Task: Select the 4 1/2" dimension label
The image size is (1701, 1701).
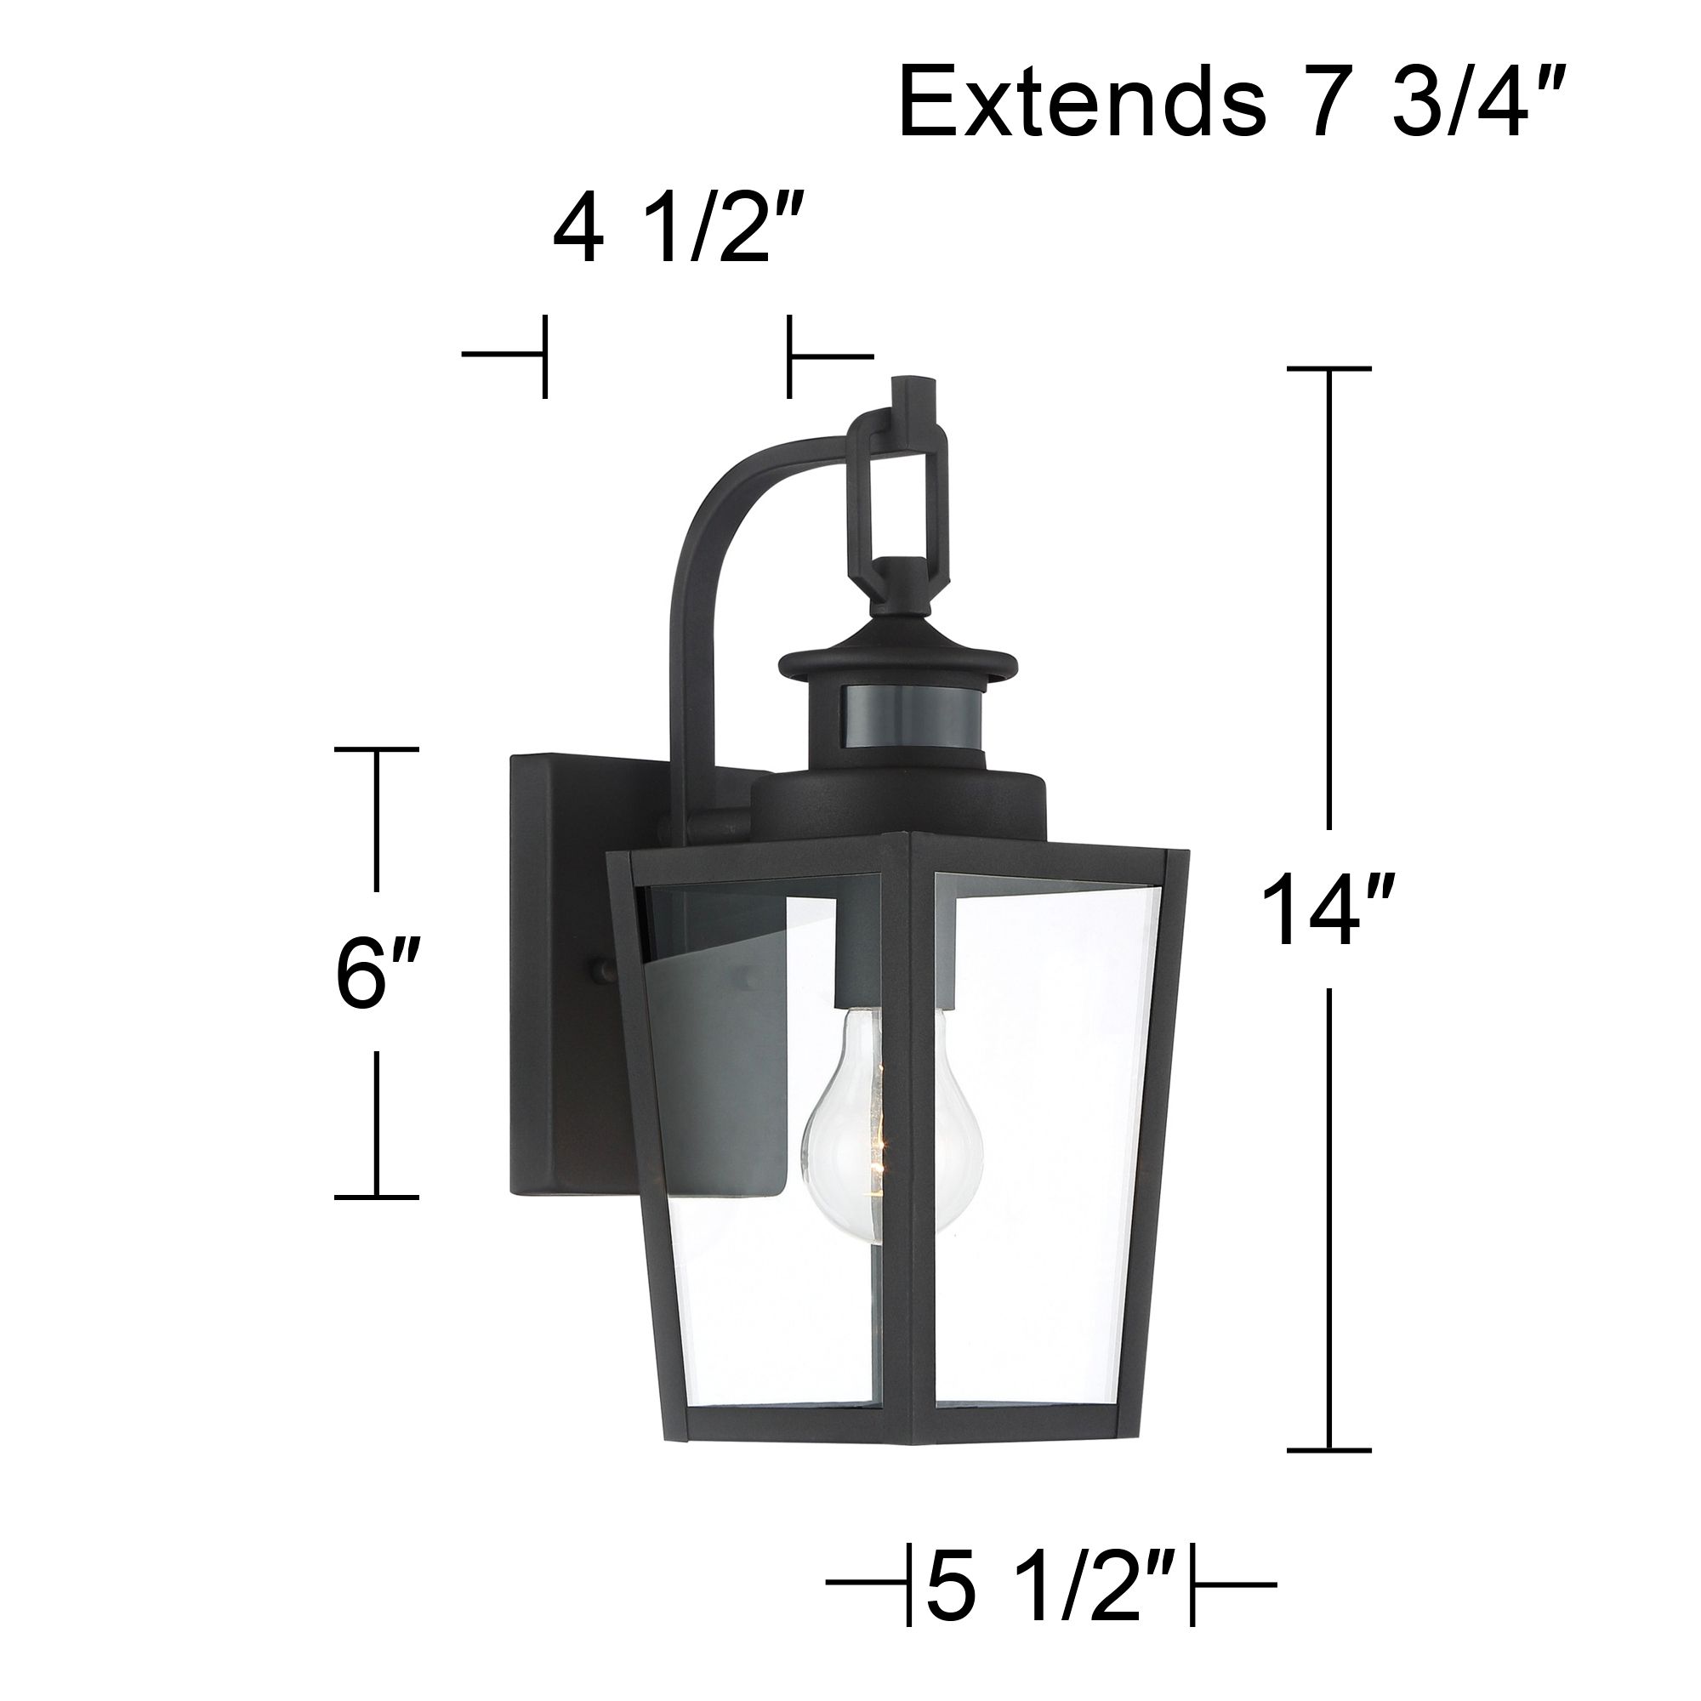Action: pos(677,233)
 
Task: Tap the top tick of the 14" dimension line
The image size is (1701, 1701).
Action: pos(1328,369)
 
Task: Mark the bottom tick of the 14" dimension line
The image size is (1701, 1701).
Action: pos(1328,1450)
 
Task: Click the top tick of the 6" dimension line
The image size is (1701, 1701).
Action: pos(376,749)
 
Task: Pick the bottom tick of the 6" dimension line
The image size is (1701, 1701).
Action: pos(376,1197)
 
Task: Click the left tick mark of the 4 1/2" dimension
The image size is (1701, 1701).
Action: pos(545,356)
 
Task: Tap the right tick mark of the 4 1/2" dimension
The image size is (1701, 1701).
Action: pos(790,356)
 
